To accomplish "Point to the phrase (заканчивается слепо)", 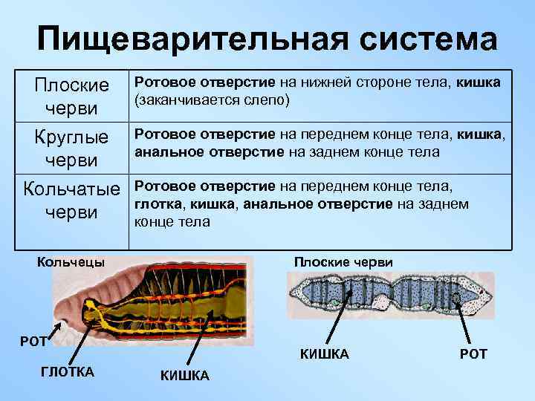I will pos(212,99).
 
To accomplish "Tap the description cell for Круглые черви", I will pos(320,144).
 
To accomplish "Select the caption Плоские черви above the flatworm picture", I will pos(343,262).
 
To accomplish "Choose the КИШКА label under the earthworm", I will pos(184,376).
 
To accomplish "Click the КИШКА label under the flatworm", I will pos(324,354).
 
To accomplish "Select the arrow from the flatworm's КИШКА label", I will pos(335,316).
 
